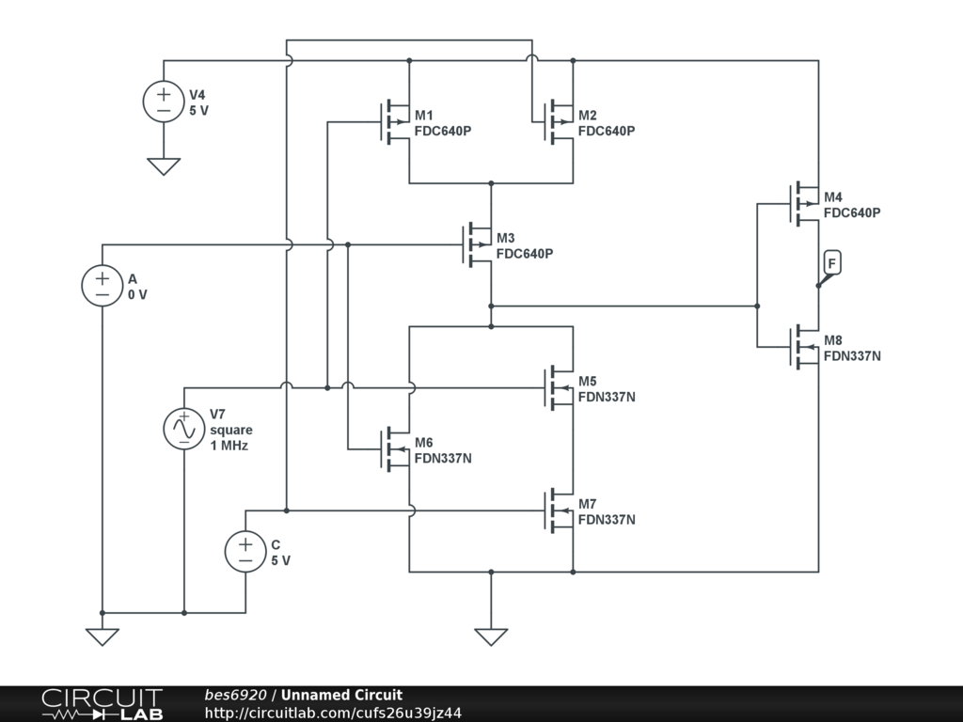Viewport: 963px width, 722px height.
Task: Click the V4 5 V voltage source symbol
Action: pos(164,102)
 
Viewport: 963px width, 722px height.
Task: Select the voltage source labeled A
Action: pos(103,286)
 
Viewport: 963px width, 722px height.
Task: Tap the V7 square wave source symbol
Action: pos(184,429)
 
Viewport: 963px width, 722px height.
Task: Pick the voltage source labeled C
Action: pos(245,551)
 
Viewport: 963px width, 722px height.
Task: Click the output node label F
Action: pos(831,264)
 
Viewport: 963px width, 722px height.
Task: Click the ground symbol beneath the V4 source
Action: pos(164,166)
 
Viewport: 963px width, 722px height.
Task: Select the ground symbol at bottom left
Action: pos(103,636)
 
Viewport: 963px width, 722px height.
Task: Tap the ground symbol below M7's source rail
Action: pos(491,636)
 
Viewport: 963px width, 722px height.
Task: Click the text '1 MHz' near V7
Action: pos(229,446)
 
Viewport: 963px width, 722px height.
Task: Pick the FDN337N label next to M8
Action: pos(852,356)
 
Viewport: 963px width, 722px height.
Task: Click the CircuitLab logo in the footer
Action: pos(102,704)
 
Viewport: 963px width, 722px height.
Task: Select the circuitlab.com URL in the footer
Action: pos(332,714)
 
